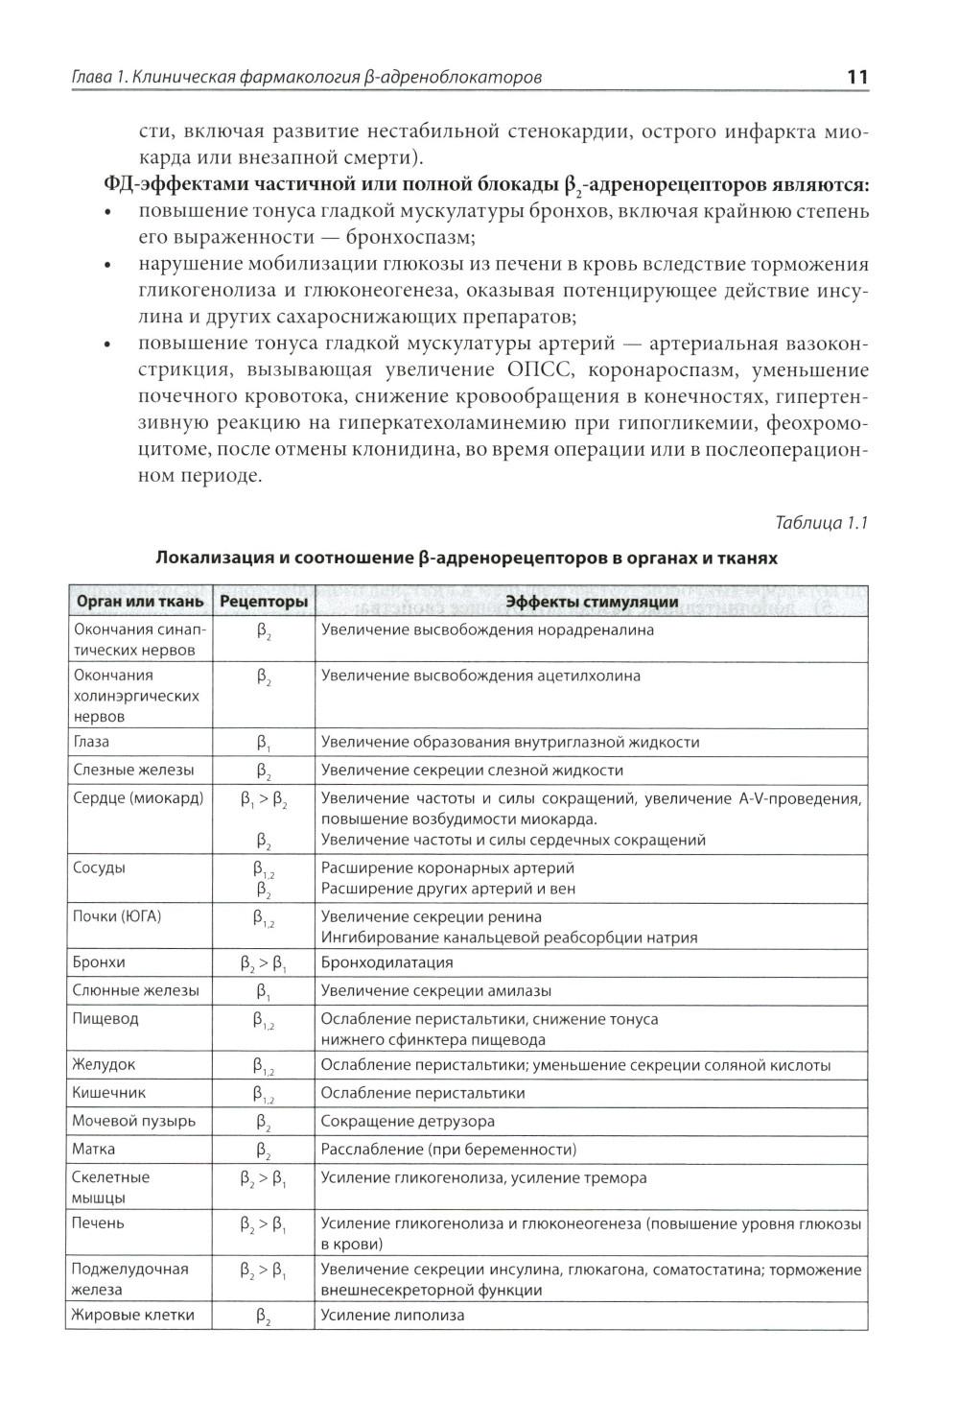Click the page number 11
point(857,77)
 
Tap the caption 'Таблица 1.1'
point(821,523)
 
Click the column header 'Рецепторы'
point(264,602)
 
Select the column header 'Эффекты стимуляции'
point(592,602)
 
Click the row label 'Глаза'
point(91,742)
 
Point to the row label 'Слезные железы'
point(133,770)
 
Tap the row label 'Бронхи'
point(99,961)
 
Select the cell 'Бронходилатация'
point(386,961)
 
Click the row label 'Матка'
point(93,1149)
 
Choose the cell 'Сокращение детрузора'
point(408,1121)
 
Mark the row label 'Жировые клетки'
point(133,1315)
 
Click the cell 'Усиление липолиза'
point(392,1315)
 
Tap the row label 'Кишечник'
point(108,1092)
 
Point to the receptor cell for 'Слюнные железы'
point(263,991)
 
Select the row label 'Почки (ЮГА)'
point(117,916)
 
